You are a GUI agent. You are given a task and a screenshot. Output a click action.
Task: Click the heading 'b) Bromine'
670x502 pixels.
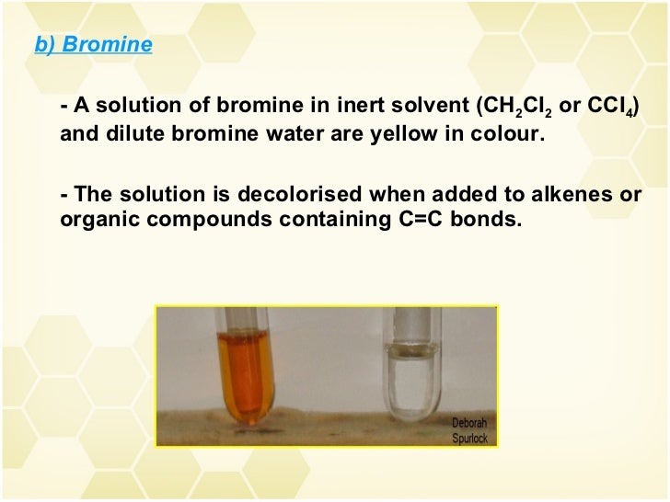93,44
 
